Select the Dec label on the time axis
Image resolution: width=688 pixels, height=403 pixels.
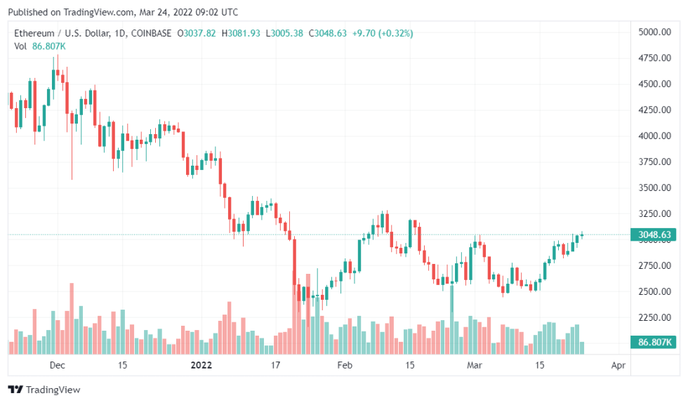coord(58,366)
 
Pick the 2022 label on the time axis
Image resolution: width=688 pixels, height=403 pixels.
coord(201,366)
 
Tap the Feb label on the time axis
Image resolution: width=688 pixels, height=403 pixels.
coord(344,366)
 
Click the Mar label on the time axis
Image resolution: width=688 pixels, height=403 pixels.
coord(475,366)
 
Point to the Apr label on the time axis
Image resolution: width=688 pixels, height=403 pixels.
coord(618,366)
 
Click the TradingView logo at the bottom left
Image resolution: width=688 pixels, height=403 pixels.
coord(44,390)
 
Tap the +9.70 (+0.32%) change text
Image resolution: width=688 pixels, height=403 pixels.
coord(383,33)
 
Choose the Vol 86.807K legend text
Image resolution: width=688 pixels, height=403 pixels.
coord(40,46)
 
